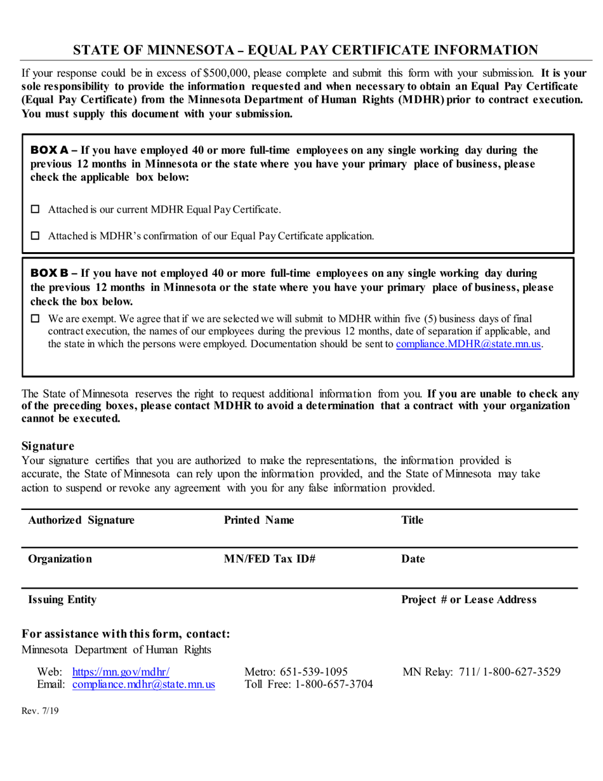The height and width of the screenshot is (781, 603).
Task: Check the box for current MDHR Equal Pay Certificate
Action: (36, 209)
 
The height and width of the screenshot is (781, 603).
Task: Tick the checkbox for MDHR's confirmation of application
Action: (36, 236)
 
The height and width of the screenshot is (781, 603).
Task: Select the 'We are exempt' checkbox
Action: (36, 318)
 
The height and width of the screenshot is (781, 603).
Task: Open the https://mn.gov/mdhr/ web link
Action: (121, 672)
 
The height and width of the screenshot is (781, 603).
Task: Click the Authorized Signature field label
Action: (81, 521)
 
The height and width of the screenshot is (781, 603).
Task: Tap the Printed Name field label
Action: (259, 521)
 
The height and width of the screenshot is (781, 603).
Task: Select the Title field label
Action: (413, 521)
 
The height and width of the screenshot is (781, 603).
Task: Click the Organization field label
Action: (60, 559)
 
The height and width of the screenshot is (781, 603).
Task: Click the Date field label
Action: (413, 559)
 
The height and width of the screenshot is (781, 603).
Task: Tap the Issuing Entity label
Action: (62, 599)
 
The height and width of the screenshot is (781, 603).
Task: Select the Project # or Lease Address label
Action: (469, 599)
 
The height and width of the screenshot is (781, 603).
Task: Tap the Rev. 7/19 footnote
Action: (40, 712)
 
